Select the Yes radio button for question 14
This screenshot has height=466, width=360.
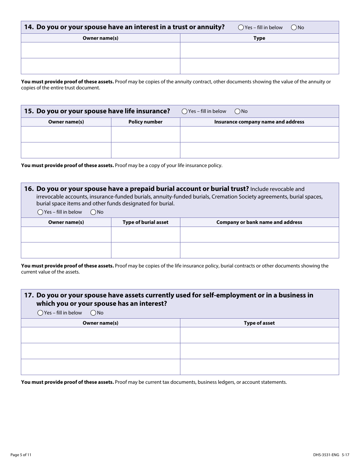click(x=241, y=27)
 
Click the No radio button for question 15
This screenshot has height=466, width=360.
click(x=238, y=111)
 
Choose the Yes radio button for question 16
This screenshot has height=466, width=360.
click(x=40, y=212)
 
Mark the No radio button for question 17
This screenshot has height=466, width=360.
click(x=93, y=313)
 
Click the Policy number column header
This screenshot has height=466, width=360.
click(x=146, y=122)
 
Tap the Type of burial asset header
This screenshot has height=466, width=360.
click(x=146, y=222)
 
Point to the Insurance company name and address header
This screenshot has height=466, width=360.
click(x=259, y=122)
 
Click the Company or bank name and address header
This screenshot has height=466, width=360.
click(x=259, y=222)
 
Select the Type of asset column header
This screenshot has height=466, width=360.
click(x=259, y=323)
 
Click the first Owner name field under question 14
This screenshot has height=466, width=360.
click(x=100, y=50)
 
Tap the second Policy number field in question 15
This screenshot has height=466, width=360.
click(x=146, y=150)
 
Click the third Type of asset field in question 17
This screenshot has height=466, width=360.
click(x=259, y=367)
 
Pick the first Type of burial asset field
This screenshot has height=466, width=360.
click(x=146, y=235)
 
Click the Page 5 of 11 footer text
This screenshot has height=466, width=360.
click(x=21, y=455)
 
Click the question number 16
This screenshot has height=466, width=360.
click(x=29, y=189)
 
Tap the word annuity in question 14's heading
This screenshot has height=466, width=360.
click(x=211, y=27)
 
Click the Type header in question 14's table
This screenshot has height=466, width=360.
click(x=259, y=38)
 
